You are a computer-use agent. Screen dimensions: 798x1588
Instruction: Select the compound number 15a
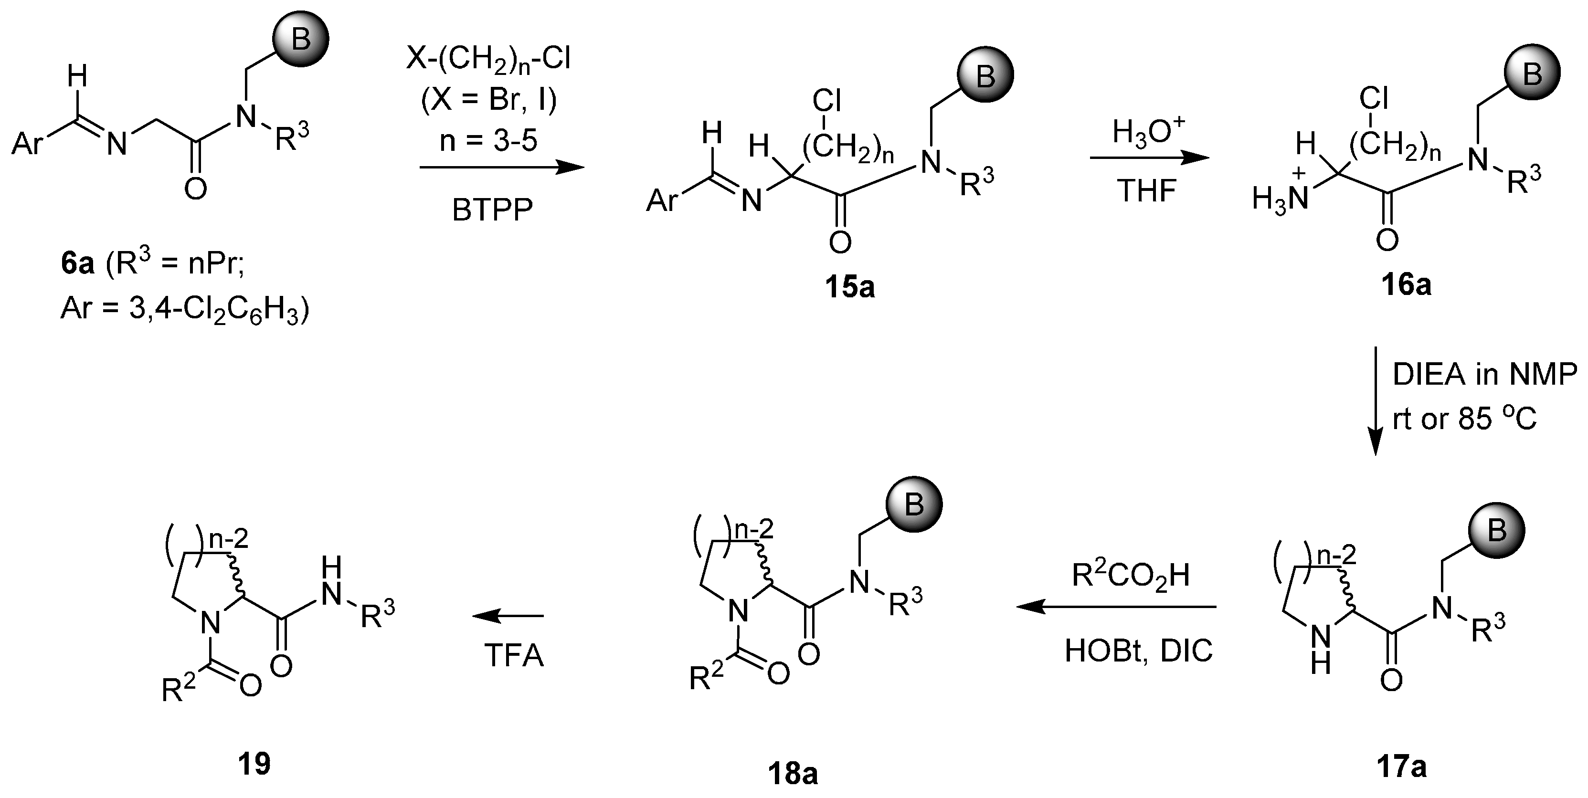coord(849,287)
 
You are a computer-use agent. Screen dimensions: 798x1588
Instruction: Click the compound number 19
coord(254,764)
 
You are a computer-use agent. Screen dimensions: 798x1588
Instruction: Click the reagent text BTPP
coord(492,211)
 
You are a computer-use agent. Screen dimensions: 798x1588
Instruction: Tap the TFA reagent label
coord(514,656)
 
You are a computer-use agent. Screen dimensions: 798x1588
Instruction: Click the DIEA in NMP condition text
coord(1484,375)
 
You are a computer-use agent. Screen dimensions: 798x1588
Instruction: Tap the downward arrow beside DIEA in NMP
coord(1376,400)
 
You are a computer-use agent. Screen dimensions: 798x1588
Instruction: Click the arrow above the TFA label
coord(508,615)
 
